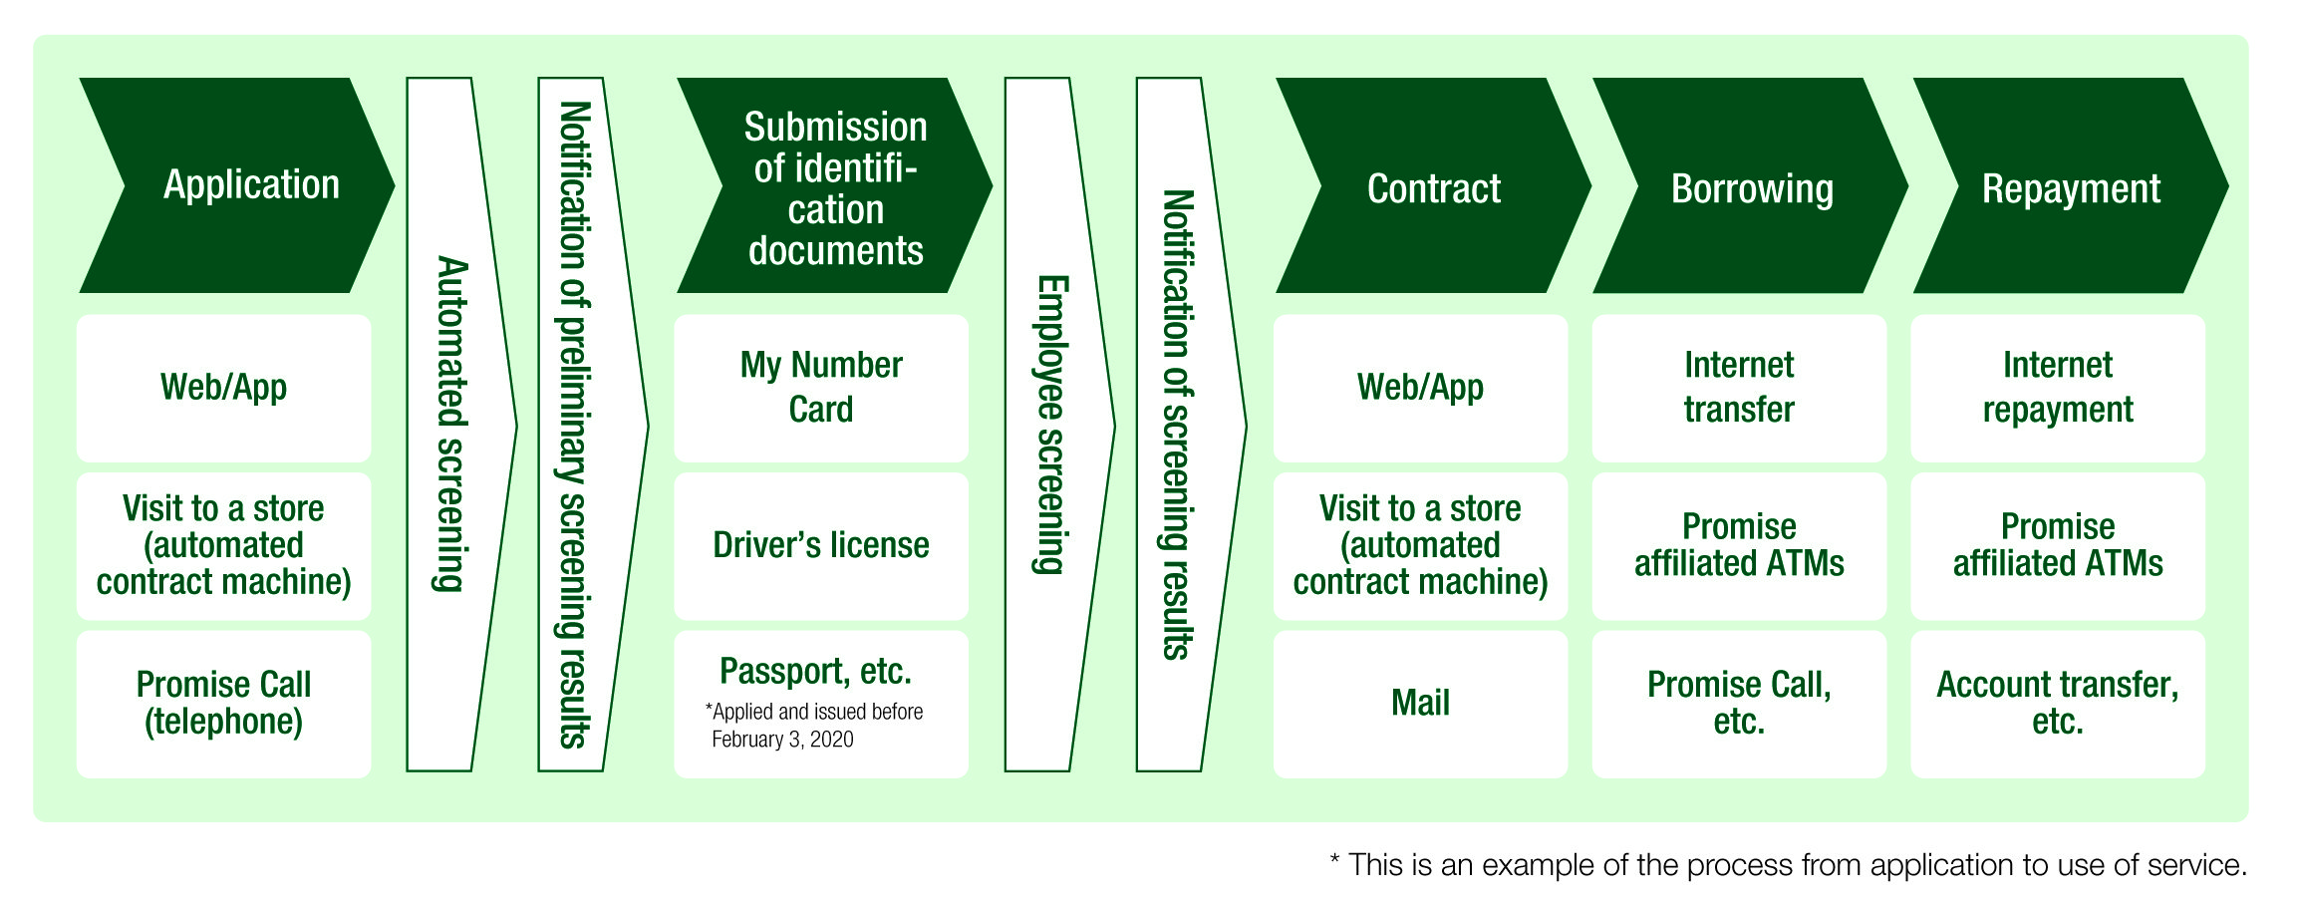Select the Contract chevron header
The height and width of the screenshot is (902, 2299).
click(x=1433, y=187)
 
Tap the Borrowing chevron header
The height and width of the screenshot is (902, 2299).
click(x=1751, y=187)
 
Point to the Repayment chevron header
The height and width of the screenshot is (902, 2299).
click(x=2070, y=187)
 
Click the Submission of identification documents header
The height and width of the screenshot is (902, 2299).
click(x=835, y=187)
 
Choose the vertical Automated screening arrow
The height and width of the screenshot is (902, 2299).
click(x=452, y=425)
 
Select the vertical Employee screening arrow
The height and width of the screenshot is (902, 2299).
click(x=1050, y=425)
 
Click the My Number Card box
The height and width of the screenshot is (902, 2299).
click(x=820, y=388)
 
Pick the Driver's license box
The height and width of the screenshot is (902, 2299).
click(x=820, y=545)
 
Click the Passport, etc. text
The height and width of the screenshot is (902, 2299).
click(x=815, y=671)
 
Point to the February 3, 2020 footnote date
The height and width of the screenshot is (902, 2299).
click(x=782, y=740)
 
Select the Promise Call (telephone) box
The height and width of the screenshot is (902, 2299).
click(x=223, y=703)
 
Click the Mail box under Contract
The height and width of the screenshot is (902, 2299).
click(x=1420, y=703)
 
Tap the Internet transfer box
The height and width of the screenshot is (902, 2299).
click(x=1738, y=388)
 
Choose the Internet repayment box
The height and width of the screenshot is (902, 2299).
click(x=2057, y=388)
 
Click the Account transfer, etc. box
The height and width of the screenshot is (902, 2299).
click(x=2057, y=703)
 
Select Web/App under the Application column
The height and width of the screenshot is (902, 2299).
click(x=223, y=388)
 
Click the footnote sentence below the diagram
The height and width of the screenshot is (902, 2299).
click(x=1789, y=864)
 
